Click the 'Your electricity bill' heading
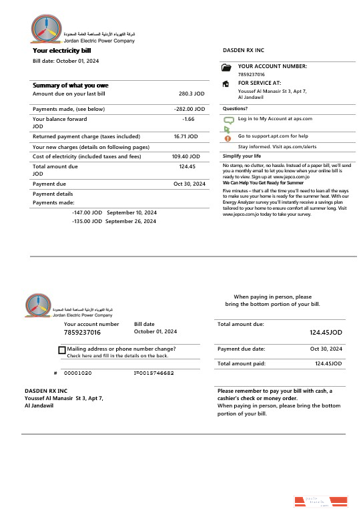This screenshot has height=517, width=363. tap(63, 50)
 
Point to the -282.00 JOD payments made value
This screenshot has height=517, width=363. tap(189, 108)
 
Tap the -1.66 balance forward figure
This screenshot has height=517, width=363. tap(188, 119)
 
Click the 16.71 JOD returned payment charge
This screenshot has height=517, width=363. tap(186, 136)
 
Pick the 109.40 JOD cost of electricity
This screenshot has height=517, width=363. tap(185, 156)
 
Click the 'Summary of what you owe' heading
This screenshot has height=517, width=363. tap(71, 85)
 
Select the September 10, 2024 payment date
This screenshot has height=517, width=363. tap(131, 212)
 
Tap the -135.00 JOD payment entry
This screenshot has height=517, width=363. tap(87, 221)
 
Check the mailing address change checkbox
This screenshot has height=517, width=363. tap(62, 350)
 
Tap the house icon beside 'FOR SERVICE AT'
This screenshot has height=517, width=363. tap(226, 83)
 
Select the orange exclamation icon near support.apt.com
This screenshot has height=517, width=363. tap(227, 138)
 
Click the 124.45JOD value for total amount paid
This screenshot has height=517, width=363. tap(328, 363)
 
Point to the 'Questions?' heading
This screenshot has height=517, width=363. tap(235, 108)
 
